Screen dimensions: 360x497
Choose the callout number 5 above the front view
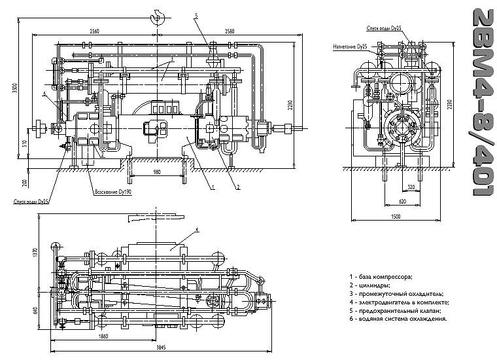195,14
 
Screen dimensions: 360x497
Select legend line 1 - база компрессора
380,278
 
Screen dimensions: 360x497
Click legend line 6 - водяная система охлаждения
398,319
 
